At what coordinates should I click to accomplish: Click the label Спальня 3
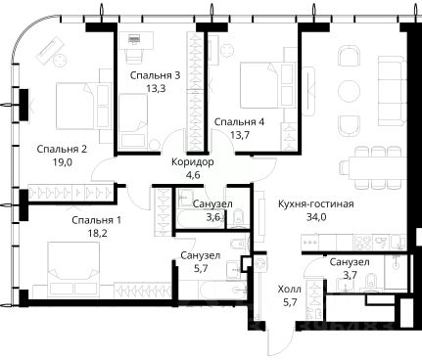tap(155, 75)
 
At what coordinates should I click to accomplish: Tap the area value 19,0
tap(62, 162)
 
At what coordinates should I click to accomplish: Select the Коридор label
tap(193, 161)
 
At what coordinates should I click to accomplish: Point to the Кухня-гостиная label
tap(316, 204)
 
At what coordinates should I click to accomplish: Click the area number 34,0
tap(316, 217)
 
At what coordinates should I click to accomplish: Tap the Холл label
tap(290, 290)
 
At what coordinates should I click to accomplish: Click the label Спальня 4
tap(239, 122)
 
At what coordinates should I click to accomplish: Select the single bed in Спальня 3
tap(132, 121)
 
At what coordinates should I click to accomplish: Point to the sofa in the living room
tap(392, 91)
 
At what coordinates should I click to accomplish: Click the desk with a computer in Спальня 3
tap(136, 40)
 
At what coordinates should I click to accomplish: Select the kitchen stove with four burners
tap(363, 242)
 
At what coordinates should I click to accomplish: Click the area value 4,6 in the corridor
tap(193, 175)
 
